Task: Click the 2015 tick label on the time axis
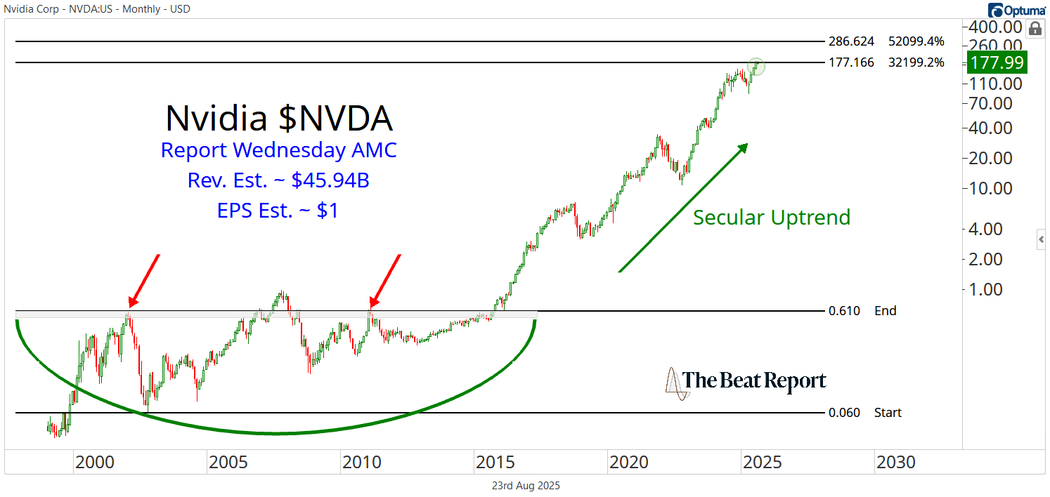click(495, 463)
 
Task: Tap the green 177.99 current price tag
click(997, 62)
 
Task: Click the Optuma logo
click(1016, 10)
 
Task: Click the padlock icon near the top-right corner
click(1035, 29)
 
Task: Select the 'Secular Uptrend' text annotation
click(772, 218)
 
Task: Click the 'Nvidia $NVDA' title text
click(279, 118)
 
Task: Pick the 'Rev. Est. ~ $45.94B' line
click(278, 180)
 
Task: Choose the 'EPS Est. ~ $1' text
click(278, 211)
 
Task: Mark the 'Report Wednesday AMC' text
click(278, 150)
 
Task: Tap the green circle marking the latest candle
click(756, 66)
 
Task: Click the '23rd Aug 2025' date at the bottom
click(525, 485)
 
